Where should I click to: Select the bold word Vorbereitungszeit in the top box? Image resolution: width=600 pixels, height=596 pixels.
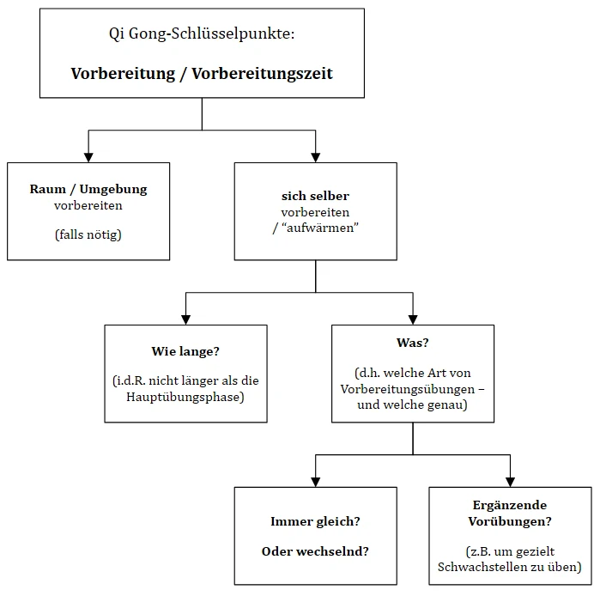click(262, 73)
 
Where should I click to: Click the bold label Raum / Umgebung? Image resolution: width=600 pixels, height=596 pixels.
click(88, 189)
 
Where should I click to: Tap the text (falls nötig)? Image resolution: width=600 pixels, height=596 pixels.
click(88, 234)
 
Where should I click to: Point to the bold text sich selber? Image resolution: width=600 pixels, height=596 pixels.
click(315, 196)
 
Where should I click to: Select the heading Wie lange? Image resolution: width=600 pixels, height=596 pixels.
click(185, 350)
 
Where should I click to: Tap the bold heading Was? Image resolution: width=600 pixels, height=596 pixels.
click(413, 343)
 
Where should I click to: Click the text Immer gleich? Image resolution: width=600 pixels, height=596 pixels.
click(315, 520)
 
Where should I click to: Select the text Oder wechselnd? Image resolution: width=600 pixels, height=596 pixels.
click(315, 550)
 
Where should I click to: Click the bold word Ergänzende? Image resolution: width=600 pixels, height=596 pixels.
click(510, 505)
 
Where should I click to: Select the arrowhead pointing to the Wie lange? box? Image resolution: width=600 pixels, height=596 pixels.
click(185, 319)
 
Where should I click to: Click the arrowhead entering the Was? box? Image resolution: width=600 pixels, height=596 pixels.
click(413, 319)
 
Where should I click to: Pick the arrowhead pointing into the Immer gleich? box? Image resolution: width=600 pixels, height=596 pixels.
click(315, 481)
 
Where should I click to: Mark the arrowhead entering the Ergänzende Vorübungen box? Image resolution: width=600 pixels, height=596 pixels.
click(510, 481)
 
